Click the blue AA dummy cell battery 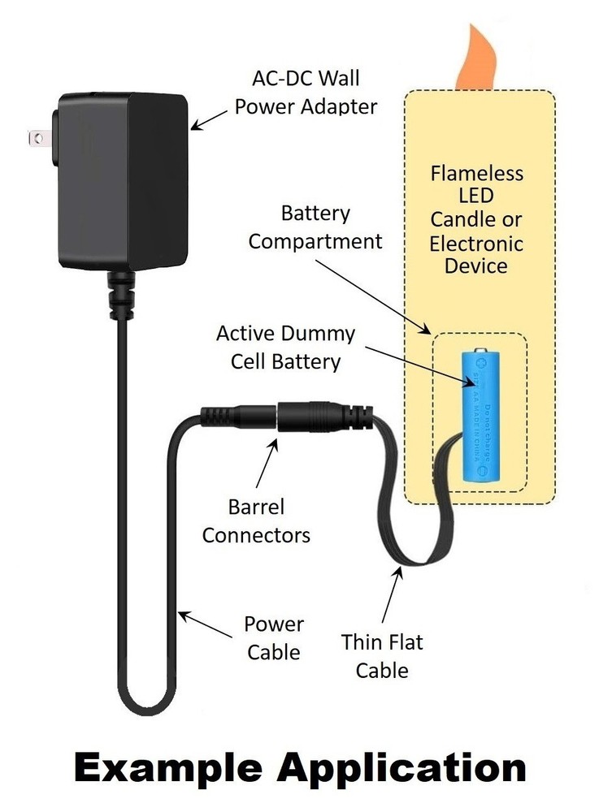[479, 418]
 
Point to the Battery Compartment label [315, 227]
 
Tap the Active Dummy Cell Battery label [285, 347]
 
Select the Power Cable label [274, 637]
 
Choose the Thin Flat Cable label [382, 656]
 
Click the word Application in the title [422, 767]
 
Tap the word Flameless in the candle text [477, 174]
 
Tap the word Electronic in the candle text [477, 243]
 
